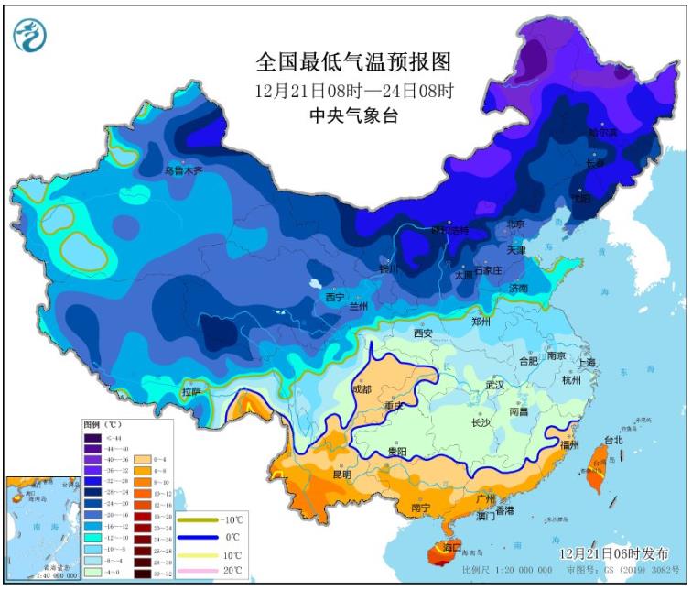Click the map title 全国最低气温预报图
[x=354, y=62]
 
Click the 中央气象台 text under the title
[x=354, y=116]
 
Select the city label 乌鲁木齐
[x=182, y=170]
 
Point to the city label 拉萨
[x=191, y=391]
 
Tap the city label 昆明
[x=341, y=474]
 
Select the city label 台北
[x=614, y=440]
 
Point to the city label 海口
[x=452, y=547]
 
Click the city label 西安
[x=422, y=333]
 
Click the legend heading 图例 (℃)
[x=102, y=426]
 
